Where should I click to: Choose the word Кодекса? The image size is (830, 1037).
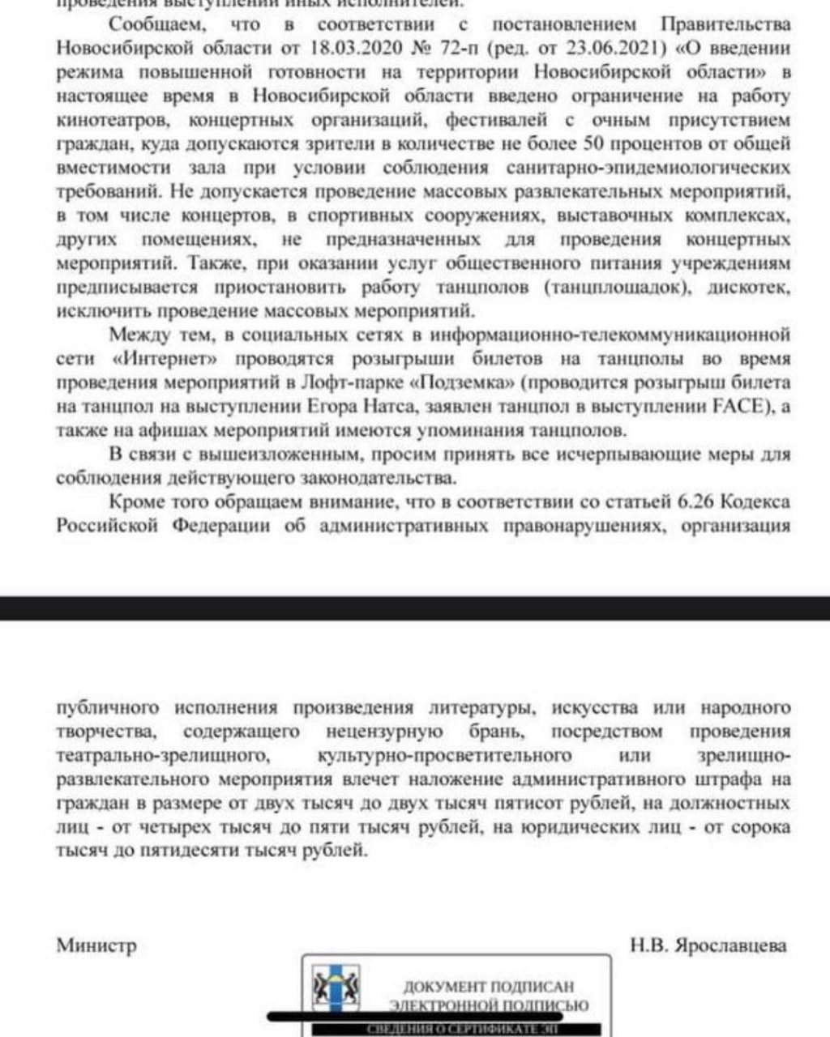[756, 502]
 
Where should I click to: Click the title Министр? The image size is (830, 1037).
[96, 945]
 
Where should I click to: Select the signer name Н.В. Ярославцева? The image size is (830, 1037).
[708, 945]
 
